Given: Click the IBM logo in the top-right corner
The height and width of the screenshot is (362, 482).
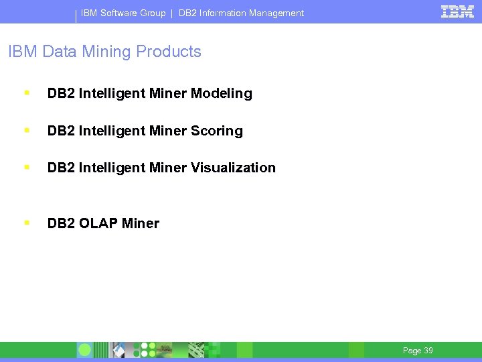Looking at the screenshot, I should pyautogui.click(x=457, y=11).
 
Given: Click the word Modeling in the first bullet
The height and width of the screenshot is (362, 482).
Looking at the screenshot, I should pyautogui.click(x=221, y=94).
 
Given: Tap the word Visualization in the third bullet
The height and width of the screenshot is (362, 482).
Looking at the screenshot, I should pyautogui.click(x=233, y=168).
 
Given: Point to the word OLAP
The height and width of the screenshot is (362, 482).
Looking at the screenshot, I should pyautogui.click(x=98, y=224).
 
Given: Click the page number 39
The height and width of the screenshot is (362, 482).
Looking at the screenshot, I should pyautogui.click(x=428, y=351).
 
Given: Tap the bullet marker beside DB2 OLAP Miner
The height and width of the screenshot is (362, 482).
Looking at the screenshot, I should pyautogui.click(x=26, y=222).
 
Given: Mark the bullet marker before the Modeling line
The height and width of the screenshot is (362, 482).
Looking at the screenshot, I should pyautogui.click(x=26, y=92).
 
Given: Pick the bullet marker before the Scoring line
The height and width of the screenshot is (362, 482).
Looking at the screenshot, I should pyautogui.click(x=26, y=129).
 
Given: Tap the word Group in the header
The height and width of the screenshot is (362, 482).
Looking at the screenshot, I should pyautogui.click(x=153, y=13).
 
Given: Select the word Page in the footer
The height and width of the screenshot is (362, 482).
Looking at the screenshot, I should pyautogui.click(x=412, y=351).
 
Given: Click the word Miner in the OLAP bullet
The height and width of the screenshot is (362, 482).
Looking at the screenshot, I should pyautogui.click(x=141, y=224).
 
